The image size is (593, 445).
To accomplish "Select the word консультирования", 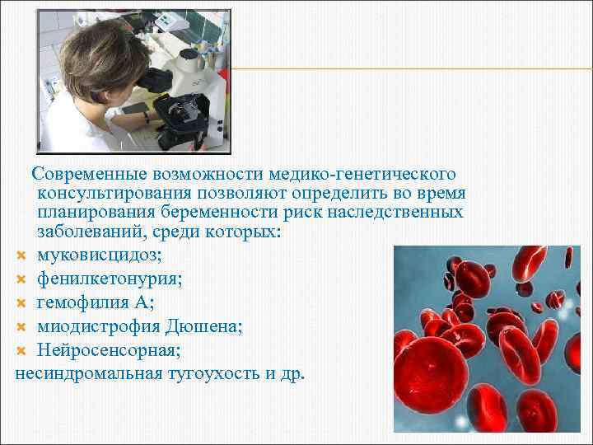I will point(114,194).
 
